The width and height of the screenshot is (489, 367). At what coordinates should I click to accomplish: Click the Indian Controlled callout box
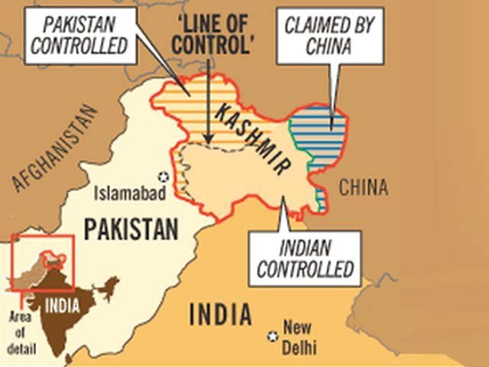pyautogui.click(x=305, y=258)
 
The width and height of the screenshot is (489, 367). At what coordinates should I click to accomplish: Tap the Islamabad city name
pyautogui.click(x=129, y=194)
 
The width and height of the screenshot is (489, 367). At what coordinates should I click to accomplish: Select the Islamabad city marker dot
pyautogui.click(x=162, y=175)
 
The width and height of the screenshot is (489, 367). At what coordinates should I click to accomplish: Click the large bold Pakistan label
pyautogui.click(x=131, y=228)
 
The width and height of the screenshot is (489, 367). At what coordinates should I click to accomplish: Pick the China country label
pyautogui.click(x=363, y=187)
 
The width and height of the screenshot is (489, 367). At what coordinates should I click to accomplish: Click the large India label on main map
pyautogui.click(x=219, y=314)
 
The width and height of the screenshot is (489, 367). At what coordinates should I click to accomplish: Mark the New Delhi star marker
pyautogui.click(x=271, y=336)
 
